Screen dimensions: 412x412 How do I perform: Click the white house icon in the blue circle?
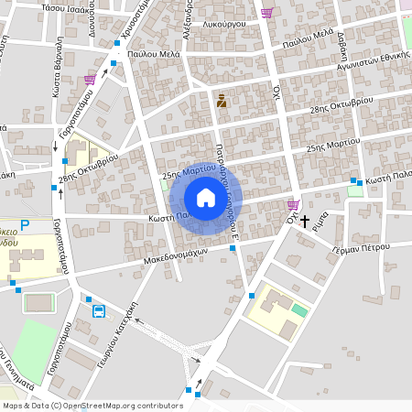coord(205,198)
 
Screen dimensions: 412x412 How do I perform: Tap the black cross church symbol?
coord(305,221)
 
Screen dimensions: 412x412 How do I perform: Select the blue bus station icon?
coord(98,310)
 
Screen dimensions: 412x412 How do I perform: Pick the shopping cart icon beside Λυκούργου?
coord(266,13)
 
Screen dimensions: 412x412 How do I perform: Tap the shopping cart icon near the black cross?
coord(293,204)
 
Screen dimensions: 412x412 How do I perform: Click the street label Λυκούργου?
coord(222,19)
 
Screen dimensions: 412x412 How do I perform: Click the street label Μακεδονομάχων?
coord(177,254)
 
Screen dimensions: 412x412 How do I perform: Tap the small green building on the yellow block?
coord(299,310)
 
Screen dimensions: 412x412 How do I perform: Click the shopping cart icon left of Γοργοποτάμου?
coord(89,80)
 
